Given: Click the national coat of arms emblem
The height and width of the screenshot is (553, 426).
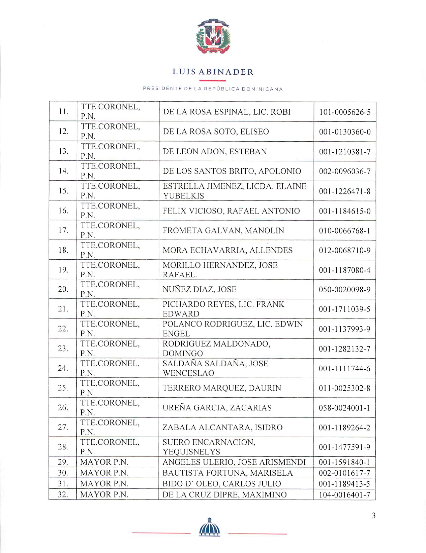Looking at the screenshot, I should tap(213, 36).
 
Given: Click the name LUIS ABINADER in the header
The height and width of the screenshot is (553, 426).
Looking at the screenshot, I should tap(213, 72).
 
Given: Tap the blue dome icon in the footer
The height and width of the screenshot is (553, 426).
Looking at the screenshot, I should tap(210, 527).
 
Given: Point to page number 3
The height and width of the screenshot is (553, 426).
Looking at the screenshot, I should tap(373, 516).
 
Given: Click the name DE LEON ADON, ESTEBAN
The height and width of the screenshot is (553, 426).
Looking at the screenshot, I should tap(215, 151).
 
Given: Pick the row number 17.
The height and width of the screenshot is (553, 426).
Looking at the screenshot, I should tap(63, 230).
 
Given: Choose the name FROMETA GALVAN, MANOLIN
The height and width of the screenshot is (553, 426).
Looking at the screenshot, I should tap(223, 230).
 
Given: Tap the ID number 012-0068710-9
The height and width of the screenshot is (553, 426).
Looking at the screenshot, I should tap(345, 250).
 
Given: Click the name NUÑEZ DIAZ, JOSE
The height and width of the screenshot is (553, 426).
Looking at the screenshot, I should tap(200, 289).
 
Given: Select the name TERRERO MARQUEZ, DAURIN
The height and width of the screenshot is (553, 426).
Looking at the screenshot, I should tap(222, 388).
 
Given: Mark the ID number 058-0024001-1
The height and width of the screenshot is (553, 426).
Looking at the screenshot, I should tap(345, 408).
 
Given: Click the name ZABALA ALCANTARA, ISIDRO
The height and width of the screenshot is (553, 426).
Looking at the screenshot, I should tap(222, 428).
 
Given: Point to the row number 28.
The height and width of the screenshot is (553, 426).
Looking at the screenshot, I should tap(63, 447).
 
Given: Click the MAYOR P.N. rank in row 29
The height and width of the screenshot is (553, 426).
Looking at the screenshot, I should tap(104, 462).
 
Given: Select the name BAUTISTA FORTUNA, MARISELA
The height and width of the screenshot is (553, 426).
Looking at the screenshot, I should tap(227, 473).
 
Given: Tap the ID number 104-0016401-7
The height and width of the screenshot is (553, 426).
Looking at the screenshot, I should tap(345, 495).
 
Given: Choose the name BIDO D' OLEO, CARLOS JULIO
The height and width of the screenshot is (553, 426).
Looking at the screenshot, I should tap(222, 484).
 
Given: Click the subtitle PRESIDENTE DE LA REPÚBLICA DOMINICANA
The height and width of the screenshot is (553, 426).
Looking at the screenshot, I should tap(213, 89).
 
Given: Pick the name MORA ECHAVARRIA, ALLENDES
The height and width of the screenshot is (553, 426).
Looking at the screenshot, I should tap(227, 250).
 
